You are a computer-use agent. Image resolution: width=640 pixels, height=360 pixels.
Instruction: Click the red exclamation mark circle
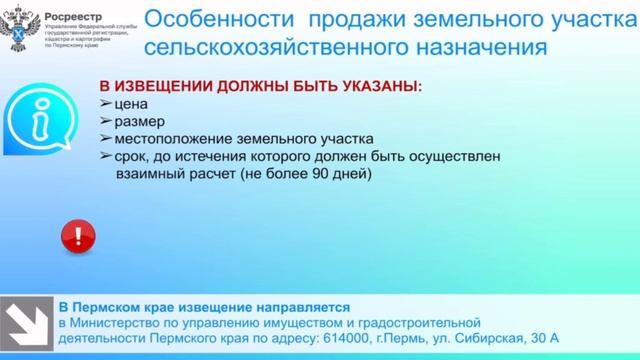[77, 238]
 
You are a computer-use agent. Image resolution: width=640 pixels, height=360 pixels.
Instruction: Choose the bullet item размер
[139, 121]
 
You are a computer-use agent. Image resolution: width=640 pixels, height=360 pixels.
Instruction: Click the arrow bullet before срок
[105, 157]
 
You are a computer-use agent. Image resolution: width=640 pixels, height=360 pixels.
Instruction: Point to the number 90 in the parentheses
[322, 174]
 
